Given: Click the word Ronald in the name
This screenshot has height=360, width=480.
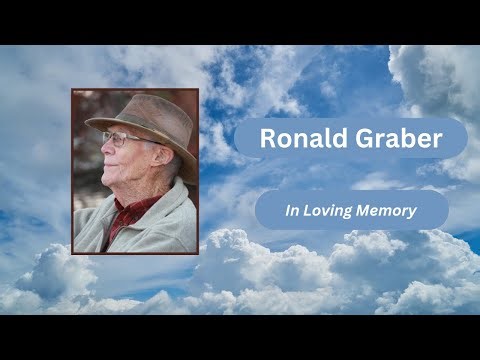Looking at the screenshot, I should coord(295,139).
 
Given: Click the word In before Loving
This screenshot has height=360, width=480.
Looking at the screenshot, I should coord(292,211).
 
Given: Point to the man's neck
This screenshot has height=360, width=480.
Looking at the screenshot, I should coord(140,190).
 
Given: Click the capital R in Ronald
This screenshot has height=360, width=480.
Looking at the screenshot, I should coord(267,139).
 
